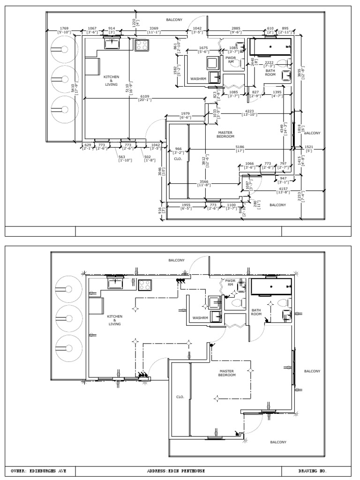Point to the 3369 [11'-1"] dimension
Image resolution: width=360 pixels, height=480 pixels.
click(154, 30)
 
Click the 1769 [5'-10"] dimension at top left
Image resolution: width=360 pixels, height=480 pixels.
click(64, 30)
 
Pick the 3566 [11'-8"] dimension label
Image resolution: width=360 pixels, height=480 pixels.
click(203, 183)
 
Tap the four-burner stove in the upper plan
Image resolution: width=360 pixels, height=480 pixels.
click(142, 45)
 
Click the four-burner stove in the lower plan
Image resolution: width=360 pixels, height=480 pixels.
click(145, 285)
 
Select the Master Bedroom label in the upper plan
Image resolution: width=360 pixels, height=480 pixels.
click(225, 134)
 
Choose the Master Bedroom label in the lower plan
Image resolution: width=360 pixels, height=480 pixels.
click(226, 373)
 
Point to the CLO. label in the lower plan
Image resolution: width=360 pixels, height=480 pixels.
click(180, 397)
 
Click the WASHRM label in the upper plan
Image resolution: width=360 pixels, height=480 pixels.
click(199, 79)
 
